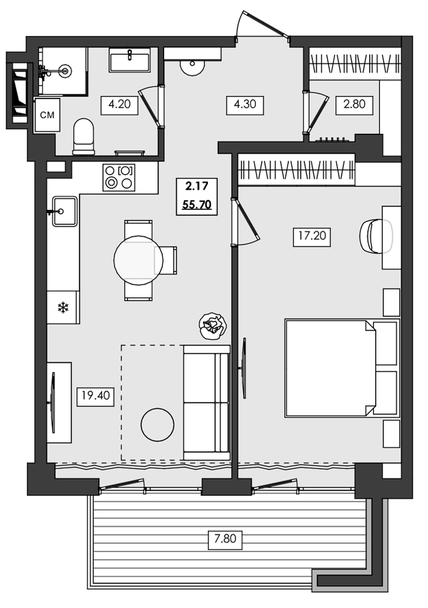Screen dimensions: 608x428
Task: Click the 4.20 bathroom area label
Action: coord(120,104)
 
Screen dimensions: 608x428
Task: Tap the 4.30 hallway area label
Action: coord(244,104)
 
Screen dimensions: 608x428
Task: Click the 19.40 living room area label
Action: coord(94,397)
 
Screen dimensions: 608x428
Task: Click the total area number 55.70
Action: coord(196,205)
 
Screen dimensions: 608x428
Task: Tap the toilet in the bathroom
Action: coord(83,136)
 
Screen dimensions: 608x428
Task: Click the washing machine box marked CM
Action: coord(46,116)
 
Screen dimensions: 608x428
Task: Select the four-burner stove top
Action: coord(119,177)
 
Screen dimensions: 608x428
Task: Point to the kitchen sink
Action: coord(64,211)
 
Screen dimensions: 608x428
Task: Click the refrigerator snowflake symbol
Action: coord(63,308)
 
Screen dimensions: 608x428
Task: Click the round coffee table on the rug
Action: coord(157,424)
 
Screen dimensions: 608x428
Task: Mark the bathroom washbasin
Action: coord(129,61)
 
